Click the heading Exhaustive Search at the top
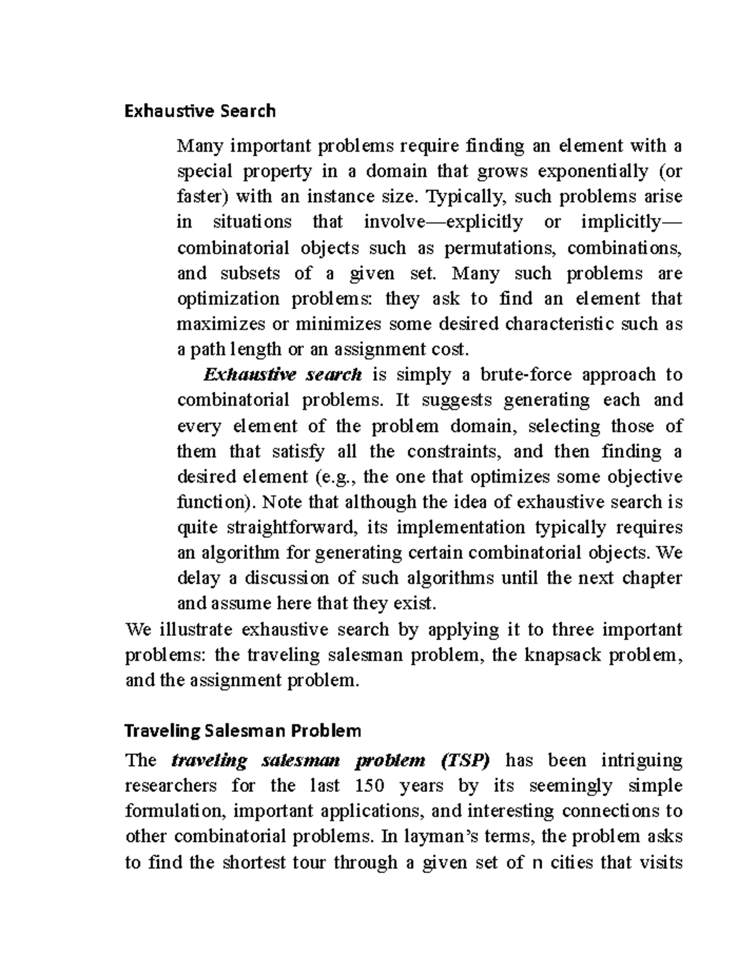[200, 111]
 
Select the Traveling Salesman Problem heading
[243, 731]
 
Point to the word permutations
[499, 248]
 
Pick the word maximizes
[223, 324]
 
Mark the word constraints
[454, 451]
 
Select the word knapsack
[563, 655]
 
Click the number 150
[367, 786]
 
